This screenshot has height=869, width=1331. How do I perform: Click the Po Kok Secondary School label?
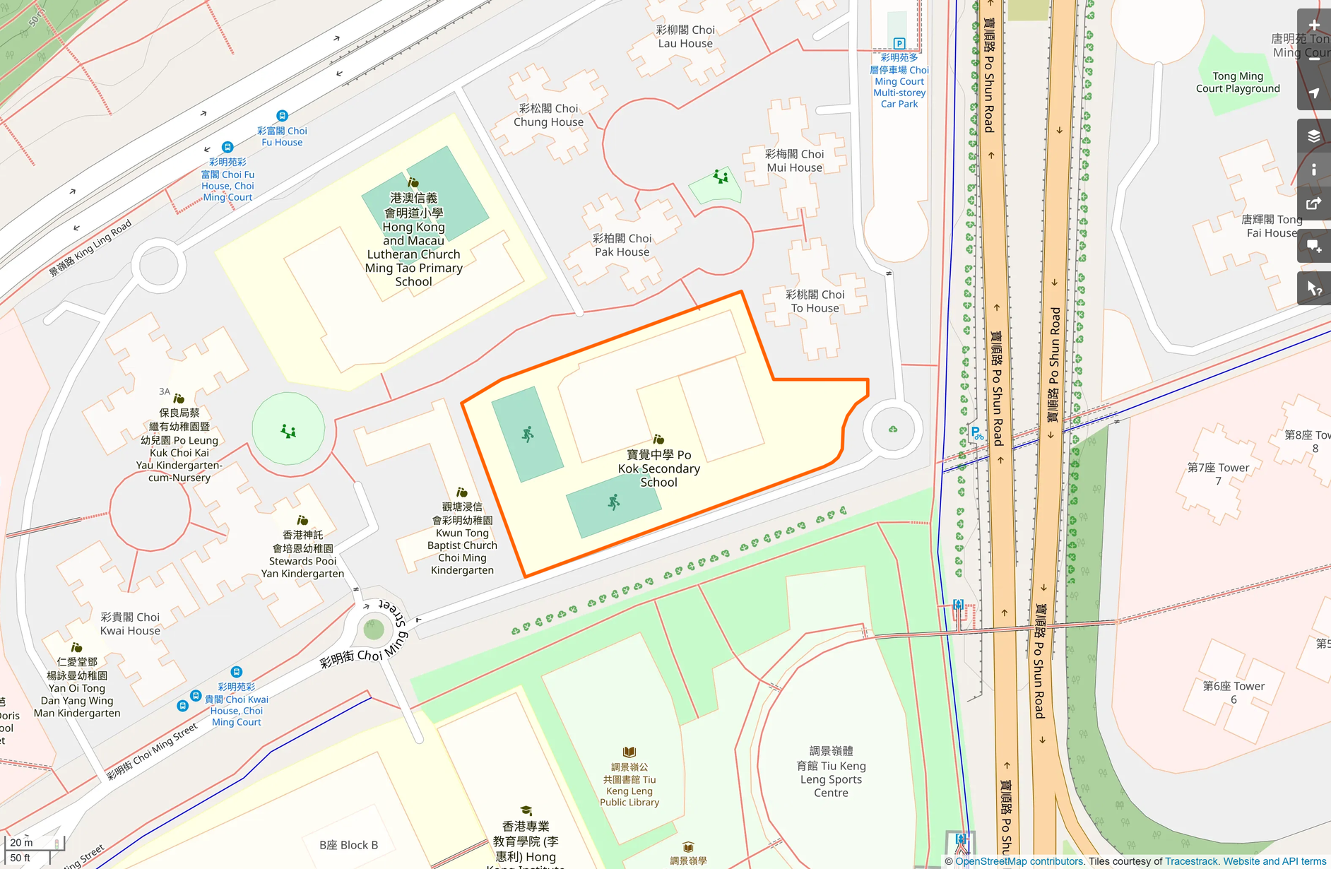[x=658, y=468]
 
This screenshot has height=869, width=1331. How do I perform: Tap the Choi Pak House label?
[x=622, y=245]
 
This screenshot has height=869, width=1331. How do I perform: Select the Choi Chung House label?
[x=548, y=115]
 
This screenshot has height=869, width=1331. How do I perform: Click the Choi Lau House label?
[x=685, y=37]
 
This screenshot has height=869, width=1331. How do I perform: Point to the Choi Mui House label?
[x=794, y=160]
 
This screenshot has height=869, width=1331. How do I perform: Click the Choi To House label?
[x=815, y=301]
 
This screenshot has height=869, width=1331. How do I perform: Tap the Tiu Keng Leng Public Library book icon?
[x=629, y=752]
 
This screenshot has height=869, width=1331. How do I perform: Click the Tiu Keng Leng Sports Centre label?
[x=831, y=772]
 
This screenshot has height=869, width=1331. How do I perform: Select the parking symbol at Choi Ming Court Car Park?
[x=899, y=43]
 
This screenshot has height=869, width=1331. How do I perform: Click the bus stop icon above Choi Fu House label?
[x=282, y=115]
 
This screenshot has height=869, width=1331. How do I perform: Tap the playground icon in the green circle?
[x=288, y=431]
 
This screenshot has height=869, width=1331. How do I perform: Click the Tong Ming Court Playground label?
[x=1238, y=82]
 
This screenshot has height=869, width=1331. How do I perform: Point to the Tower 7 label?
[x=1218, y=474]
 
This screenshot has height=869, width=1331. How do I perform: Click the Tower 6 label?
[x=1234, y=692]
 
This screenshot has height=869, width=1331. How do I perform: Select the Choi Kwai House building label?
[x=130, y=623]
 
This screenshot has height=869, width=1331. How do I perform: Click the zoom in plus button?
[x=1314, y=25]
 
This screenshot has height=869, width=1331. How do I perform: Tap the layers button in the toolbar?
[x=1314, y=136]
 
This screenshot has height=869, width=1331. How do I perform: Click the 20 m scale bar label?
[x=22, y=842]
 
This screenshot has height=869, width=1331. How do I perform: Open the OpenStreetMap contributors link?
[x=1019, y=861]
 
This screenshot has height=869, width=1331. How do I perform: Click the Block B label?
[x=348, y=845]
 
